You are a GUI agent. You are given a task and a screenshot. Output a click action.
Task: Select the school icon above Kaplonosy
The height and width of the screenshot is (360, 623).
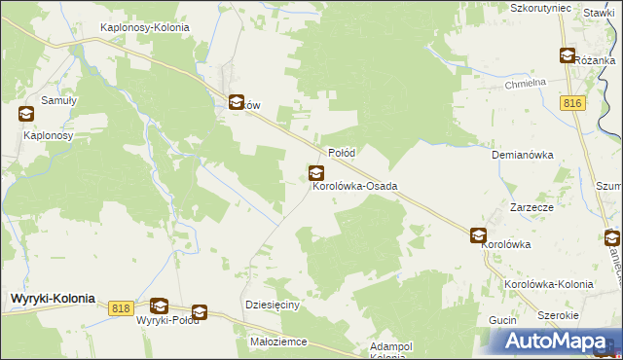[25, 114]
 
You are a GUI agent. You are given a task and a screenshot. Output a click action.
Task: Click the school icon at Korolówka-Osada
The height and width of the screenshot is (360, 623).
[316, 173]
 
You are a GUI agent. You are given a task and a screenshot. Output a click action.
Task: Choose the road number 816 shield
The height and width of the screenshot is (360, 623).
[571, 102]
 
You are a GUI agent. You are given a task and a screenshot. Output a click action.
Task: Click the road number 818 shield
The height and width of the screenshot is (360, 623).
[121, 307]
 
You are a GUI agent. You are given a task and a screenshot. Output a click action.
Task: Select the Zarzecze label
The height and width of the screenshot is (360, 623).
[532, 208]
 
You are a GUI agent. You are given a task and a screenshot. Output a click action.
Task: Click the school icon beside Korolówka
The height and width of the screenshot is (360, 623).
[478, 235]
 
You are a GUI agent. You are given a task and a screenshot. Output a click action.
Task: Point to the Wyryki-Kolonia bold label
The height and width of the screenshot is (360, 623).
[53, 299]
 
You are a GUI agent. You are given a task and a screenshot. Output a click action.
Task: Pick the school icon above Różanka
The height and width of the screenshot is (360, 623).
[566, 55]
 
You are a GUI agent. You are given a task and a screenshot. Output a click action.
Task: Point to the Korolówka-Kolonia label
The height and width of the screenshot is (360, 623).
[549, 284]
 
